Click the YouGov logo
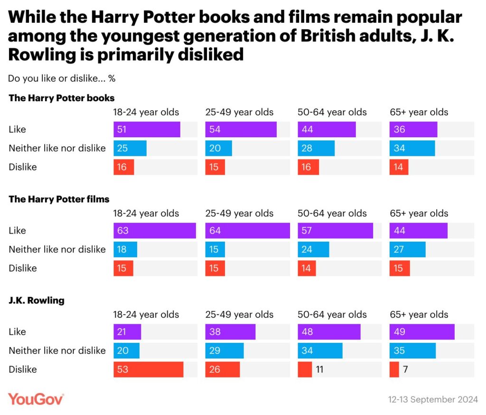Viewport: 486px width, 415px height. coord(36,399)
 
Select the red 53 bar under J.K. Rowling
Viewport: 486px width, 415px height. coord(148,369)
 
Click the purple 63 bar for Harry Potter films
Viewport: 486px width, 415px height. coord(154,231)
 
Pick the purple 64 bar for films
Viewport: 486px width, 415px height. coord(247,231)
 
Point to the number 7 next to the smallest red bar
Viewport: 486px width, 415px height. coord(405,369)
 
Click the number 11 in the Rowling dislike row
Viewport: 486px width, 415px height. coord(319,369)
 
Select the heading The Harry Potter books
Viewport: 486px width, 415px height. coord(62,98)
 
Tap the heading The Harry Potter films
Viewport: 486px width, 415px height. coord(59,199)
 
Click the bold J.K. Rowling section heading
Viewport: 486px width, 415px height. coord(37,301)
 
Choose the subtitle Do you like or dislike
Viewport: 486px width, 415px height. coord(62,78)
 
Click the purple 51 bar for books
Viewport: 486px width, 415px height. coord(147,130)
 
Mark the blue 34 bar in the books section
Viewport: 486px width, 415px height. coord(412,148)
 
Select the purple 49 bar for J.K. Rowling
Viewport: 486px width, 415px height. coord(422,332)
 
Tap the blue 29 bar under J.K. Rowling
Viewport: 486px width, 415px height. coord(224,351)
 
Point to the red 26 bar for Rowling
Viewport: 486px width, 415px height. coord(223,369)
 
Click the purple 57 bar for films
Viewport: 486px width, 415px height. coord(335,231)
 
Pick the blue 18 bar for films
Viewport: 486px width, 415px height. coord(125,249)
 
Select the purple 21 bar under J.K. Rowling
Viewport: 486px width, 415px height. coord(127,332)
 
